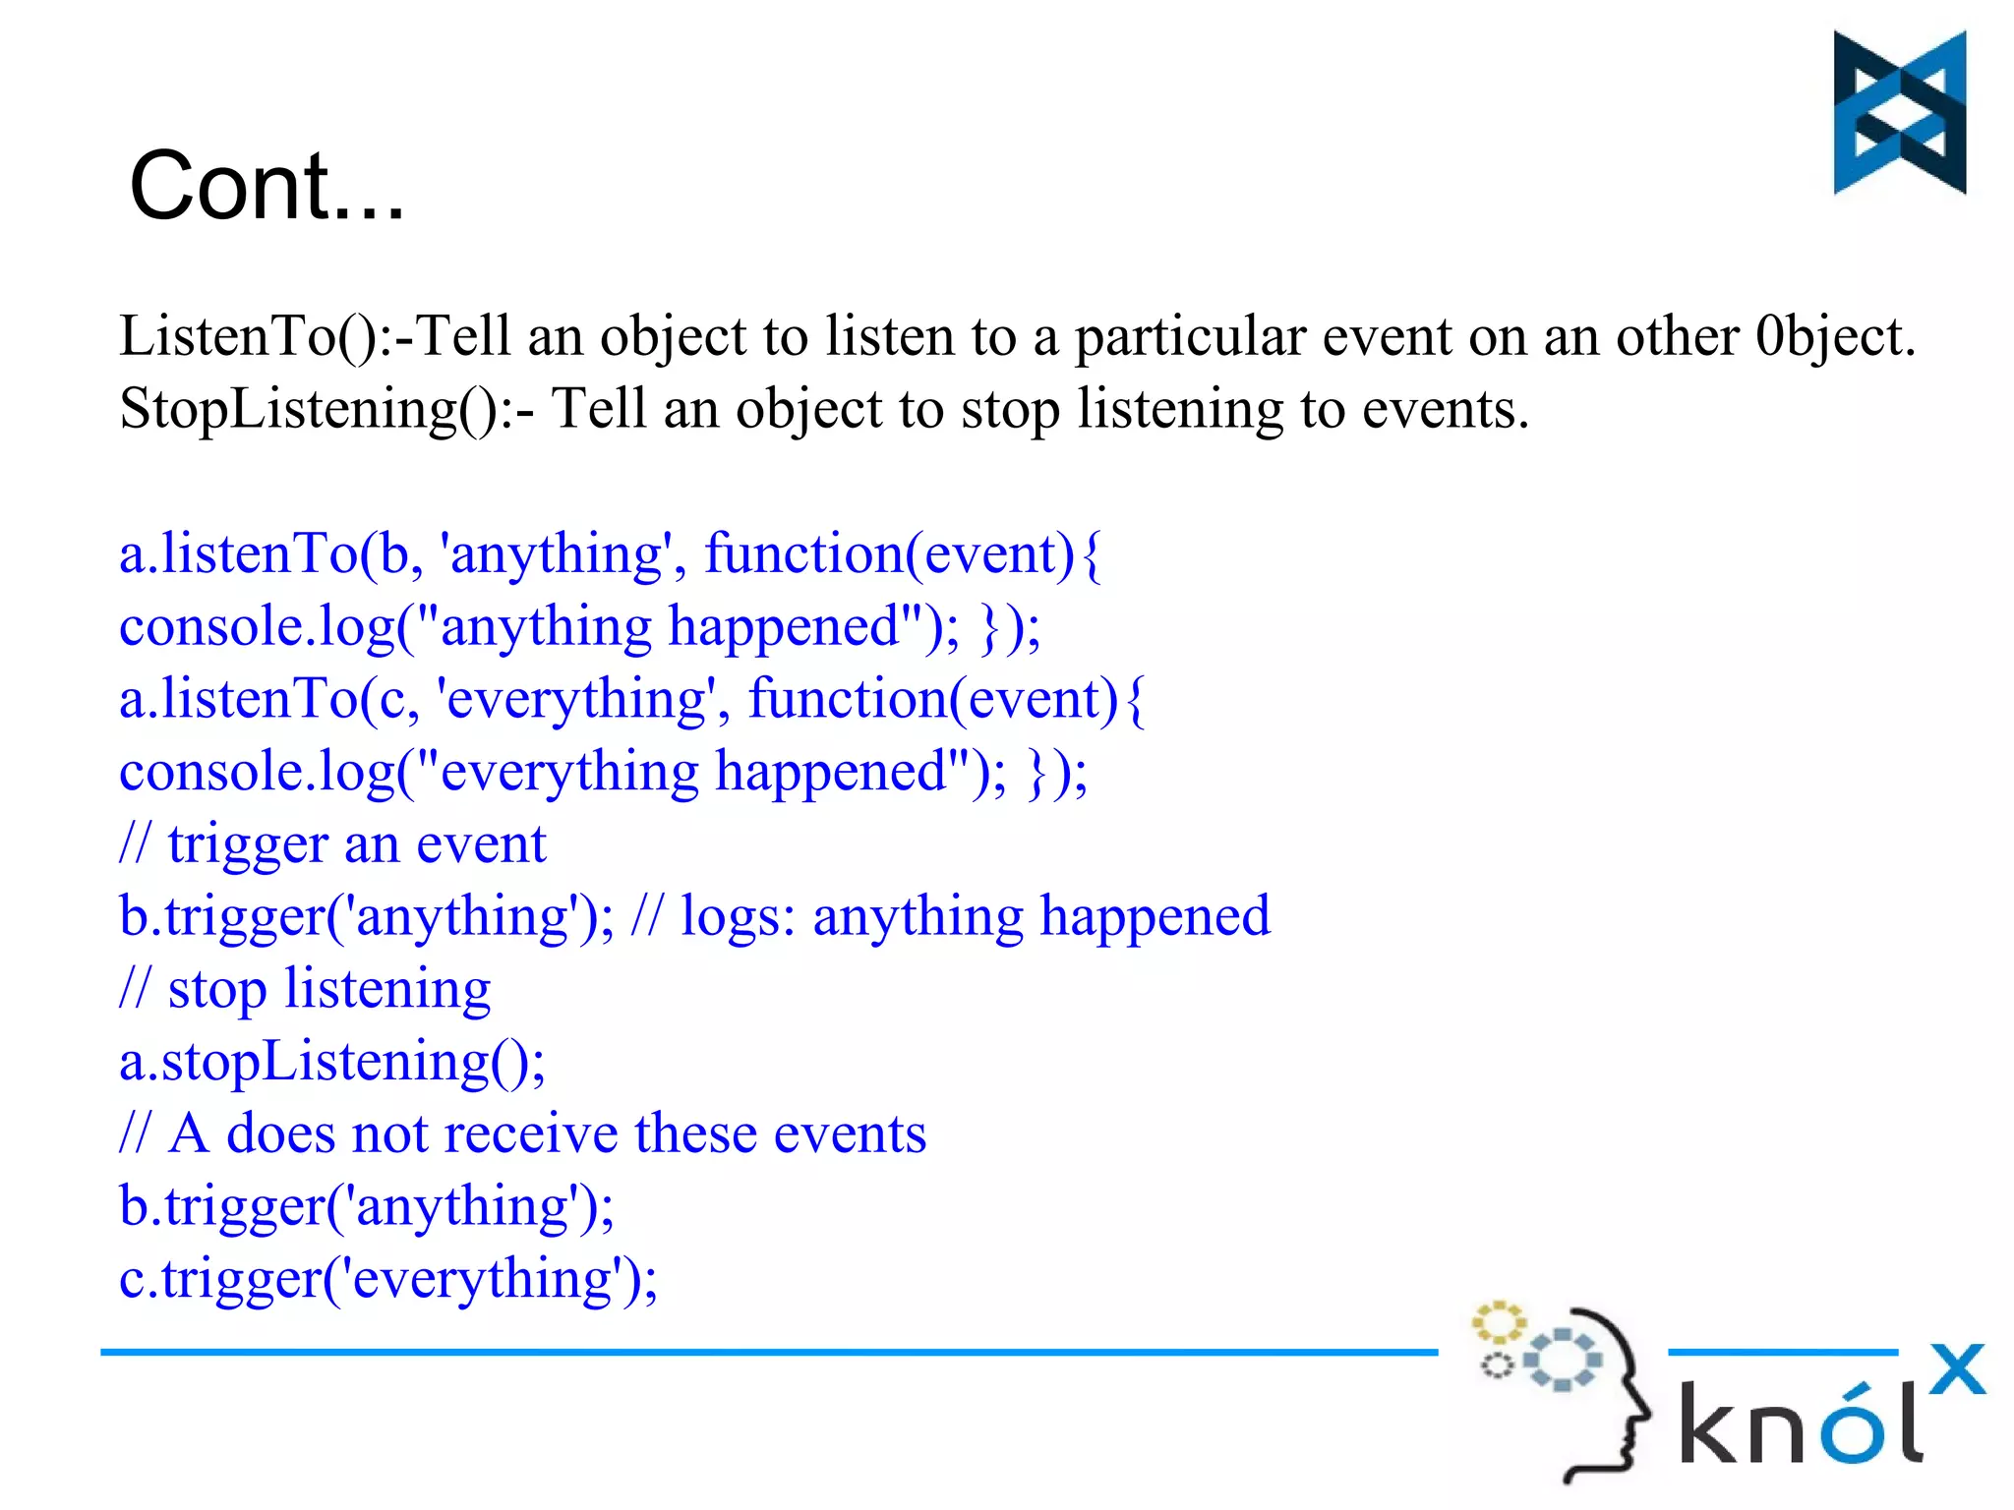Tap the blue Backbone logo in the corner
click(x=1899, y=112)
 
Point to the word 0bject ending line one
click(x=1834, y=336)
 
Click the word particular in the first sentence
click(x=1190, y=336)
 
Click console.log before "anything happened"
click(x=256, y=627)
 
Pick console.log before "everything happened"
click(x=256, y=772)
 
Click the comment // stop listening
click(x=305, y=989)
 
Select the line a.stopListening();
click(x=331, y=1062)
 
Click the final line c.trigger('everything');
click(x=387, y=1279)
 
